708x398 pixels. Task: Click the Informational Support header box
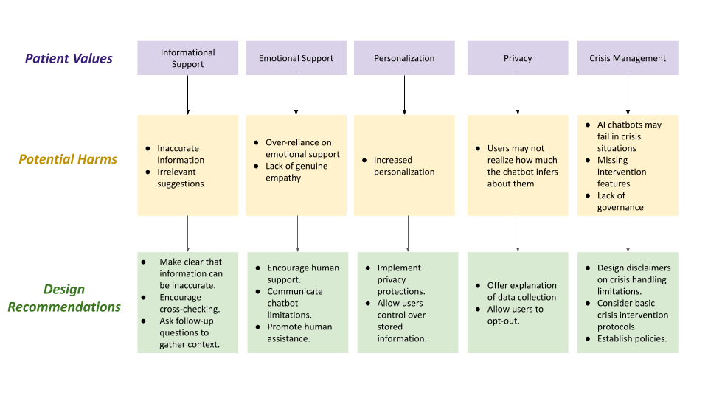tap(188, 57)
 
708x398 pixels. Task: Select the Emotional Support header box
tap(296, 57)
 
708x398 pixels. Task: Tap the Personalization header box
tap(404, 57)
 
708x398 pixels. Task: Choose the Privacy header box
tap(518, 57)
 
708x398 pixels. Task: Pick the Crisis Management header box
tap(628, 57)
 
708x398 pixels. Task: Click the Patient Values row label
tap(69, 59)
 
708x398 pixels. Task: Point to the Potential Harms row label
tap(68, 159)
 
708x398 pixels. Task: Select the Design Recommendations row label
tap(64, 298)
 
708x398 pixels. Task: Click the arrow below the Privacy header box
tap(518, 95)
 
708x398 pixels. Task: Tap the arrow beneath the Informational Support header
tap(188, 95)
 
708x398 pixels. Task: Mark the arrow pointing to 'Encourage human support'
tap(297, 234)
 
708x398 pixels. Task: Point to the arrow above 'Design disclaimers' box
tap(628, 234)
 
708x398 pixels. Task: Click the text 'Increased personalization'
tap(404, 166)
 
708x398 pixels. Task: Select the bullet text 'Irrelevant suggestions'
tap(181, 178)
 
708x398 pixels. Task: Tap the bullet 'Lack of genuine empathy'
tap(296, 172)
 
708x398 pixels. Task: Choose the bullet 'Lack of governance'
tap(620, 201)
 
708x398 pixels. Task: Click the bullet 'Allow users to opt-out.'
tap(516, 315)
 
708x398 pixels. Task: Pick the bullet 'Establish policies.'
tap(632, 338)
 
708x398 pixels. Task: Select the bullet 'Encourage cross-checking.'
tap(190, 303)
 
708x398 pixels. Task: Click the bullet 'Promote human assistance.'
tap(300, 332)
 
